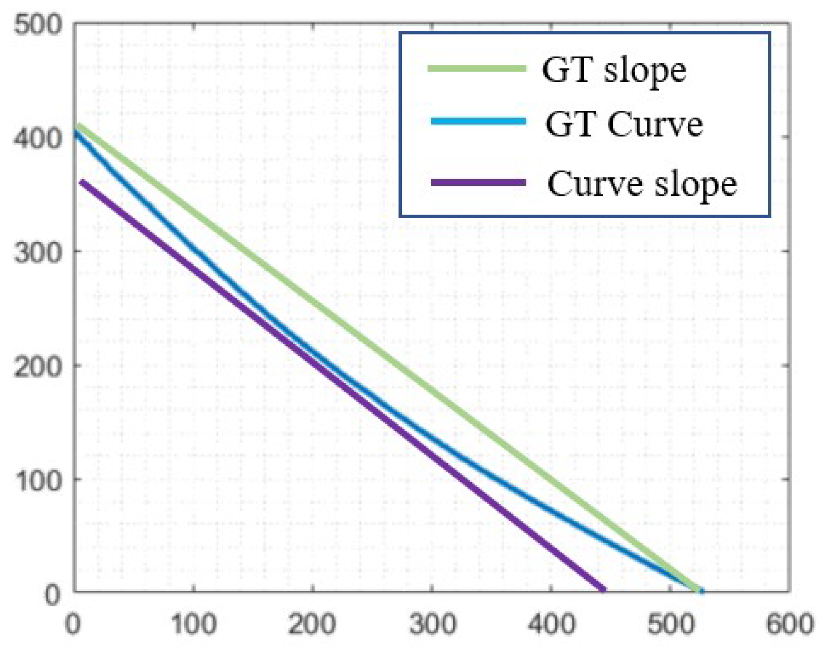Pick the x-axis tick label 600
pos(790,624)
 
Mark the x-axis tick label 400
pos(551,624)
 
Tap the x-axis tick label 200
pos(312,624)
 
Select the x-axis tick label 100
pos(194,624)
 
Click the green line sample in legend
pos(477,68)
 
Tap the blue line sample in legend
pos(478,121)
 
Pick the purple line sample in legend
pos(478,182)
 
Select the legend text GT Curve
pos(624,124)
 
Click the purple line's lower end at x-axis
pos(604,589)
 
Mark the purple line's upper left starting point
pos(82,182)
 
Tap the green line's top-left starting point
pos(77,125)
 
